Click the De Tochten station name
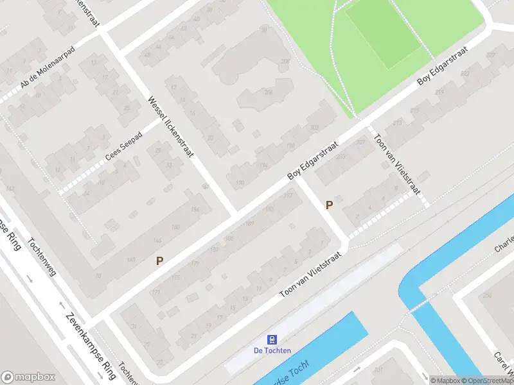click(x=272, y=350)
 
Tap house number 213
click(x=398, y=122)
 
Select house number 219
click(x=440, y=93)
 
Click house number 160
click(x=175, y=227)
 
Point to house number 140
click(x=131, y=259)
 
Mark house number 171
click(x=155, y=292)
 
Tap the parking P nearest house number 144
click(x=159, y=261)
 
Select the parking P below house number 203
click(x=330, y=205)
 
